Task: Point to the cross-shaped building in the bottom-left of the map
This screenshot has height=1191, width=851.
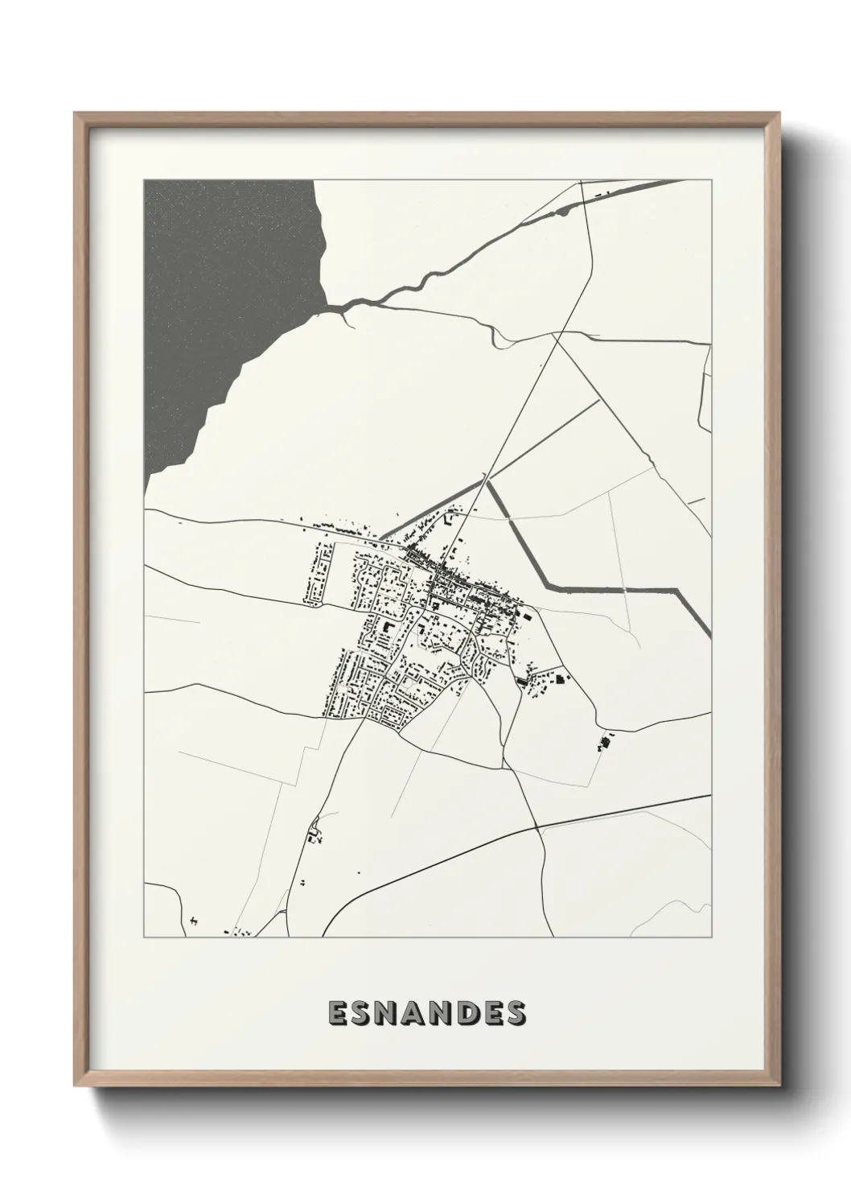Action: tap(194, 919)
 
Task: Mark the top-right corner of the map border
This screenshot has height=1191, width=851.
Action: tap(711, 179)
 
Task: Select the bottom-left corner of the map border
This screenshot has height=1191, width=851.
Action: tap(144, 938)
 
